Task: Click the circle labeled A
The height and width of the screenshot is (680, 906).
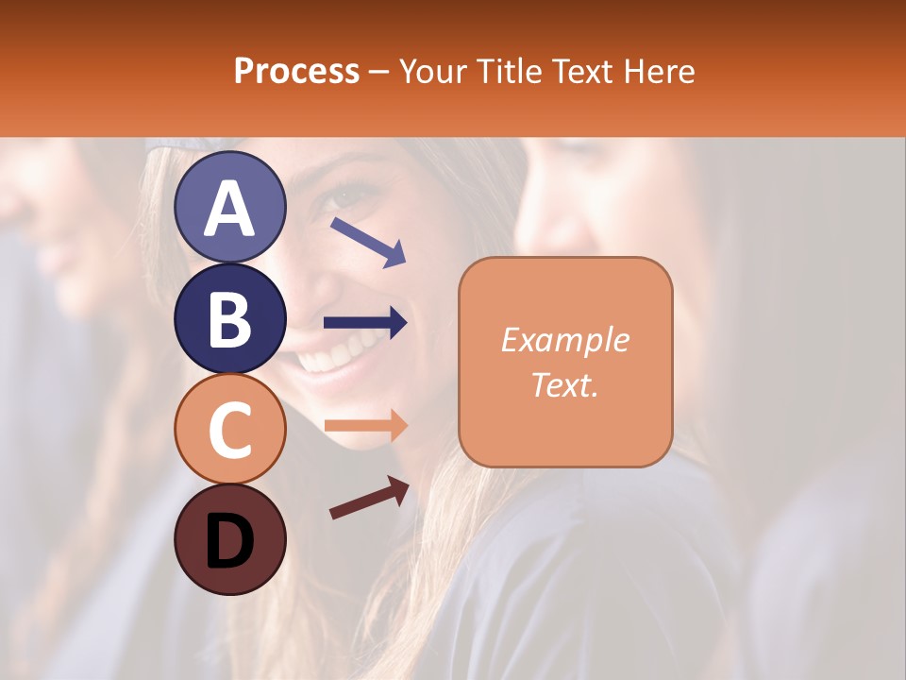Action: click(229, 207)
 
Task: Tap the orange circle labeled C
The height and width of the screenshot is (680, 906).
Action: click(229, 429)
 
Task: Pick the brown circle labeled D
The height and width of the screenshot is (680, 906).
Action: click(229, 539)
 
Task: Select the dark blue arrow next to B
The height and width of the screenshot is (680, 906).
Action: click(365, 323)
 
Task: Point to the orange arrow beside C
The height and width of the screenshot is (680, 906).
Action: click(365, 426)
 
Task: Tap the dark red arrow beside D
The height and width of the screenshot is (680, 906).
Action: click(369, 498)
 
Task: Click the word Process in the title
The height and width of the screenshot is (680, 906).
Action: click(296, 71)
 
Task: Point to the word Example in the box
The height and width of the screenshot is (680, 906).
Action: click(564, 340)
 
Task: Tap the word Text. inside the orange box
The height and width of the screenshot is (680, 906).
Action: click(564, 384)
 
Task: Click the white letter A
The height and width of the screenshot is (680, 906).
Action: click(229, 209)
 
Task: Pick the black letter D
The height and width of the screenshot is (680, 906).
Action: click(229, 541)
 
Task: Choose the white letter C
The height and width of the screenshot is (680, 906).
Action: click(229, 431)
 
